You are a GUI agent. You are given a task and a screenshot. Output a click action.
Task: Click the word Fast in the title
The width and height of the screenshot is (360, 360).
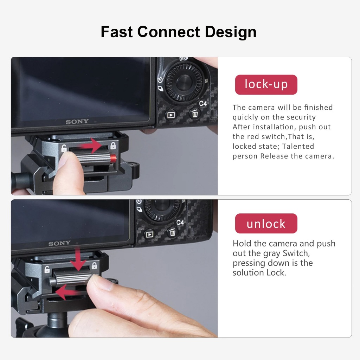[x=117, y=32]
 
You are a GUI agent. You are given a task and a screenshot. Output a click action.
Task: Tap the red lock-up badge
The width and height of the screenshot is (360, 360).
[x=266, y=84]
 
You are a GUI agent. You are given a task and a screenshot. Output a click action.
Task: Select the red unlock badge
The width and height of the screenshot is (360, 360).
[x=266, y=223]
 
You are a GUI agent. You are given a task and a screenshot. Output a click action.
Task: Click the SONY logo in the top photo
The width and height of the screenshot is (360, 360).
[x=77, y=121]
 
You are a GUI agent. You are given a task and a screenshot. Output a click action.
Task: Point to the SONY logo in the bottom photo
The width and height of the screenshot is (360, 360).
[x=59, y=243]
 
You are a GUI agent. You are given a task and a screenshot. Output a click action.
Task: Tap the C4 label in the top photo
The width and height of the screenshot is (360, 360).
[x=203, y=104]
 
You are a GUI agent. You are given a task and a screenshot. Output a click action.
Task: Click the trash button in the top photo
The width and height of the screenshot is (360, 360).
[x=195, y=114]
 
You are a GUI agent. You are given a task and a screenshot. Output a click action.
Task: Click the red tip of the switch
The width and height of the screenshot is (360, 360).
[x=113, y=158]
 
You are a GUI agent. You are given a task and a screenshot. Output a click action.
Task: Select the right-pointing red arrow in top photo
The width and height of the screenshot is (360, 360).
[x=90, y=146]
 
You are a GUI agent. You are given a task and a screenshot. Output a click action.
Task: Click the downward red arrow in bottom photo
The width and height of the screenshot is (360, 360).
[x=78, y=259]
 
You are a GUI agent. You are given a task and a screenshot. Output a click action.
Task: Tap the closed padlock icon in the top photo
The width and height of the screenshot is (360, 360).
[x=113, y=146]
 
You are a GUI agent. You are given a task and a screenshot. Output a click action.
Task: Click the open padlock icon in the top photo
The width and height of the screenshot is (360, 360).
[x=64, y=148]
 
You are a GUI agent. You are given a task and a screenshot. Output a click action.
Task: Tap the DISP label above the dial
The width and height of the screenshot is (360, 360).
[x=184, y=59]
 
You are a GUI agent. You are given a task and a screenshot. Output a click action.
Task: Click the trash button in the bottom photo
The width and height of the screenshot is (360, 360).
[x=172, y=232]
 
